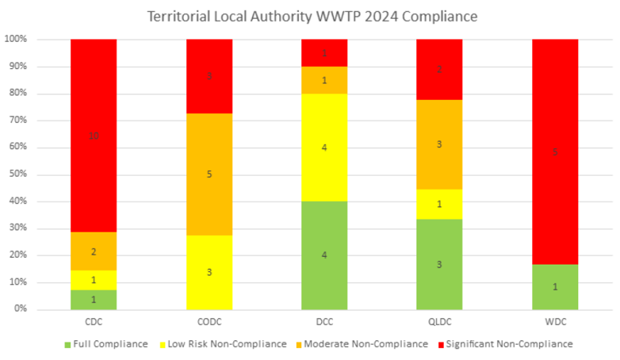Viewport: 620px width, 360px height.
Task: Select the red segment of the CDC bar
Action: tap(94, 119)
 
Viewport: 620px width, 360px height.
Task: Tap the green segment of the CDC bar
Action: tap(94, 299)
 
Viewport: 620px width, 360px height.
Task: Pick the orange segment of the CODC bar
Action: tap(209, 174)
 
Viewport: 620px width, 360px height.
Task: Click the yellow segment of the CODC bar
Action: tap(209, 272)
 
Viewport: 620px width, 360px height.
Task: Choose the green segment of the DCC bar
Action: tap(324, 255)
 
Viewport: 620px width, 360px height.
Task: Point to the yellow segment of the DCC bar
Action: tap(324, 147)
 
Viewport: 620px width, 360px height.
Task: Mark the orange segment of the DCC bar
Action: tap(324, 80)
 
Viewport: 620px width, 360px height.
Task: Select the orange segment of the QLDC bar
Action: tap(439, 144)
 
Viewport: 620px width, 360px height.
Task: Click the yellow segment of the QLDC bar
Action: tap(439, 204)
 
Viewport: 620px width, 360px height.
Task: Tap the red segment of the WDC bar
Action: tap(554, 151)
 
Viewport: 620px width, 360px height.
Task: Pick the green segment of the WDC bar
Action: tap(554, 286)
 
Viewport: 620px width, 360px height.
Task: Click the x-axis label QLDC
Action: tap(439, 323)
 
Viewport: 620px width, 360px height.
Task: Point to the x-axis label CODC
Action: tap(209, 323)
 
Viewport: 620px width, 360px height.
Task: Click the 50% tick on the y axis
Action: tap(17, 174)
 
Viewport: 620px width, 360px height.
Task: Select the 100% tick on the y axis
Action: tap(16, 40)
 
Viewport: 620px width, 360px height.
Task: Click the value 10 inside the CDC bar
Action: tap(94, 136)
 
